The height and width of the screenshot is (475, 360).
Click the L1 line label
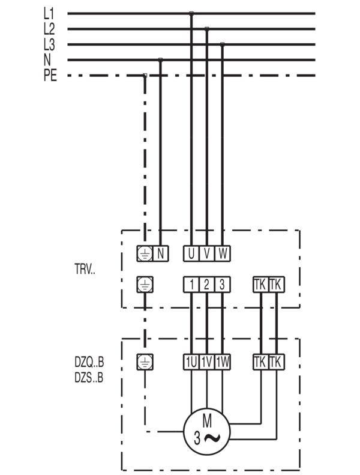click(49, 14)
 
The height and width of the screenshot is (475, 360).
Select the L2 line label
click(49, 29)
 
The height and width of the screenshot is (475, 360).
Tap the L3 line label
click(49, 45)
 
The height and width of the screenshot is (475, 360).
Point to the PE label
click(50, 76)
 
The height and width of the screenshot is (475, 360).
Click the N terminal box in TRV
click(160, 253)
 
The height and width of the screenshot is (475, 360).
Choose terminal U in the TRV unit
click(191, 253)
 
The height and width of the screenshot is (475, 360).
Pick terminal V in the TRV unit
click(207, 253)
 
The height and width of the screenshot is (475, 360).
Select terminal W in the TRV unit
click(223, 253)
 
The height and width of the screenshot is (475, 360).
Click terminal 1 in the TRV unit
click(191, 285)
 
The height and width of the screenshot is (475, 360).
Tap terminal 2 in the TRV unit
click(207, 285)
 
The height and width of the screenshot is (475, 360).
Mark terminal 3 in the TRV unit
click(223, 285)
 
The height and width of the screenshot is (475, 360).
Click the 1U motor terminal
click(191, 362)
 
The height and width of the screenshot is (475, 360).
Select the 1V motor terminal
click(207, 362)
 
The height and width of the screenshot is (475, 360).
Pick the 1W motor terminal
click(223, 362)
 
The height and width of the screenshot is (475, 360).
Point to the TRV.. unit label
click(85, 269)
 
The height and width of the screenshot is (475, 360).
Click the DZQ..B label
click(89, 362)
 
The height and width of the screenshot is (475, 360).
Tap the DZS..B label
click(89, 378)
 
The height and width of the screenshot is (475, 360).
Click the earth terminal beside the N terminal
click(145, 253)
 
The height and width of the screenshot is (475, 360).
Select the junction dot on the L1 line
click(191, 14)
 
